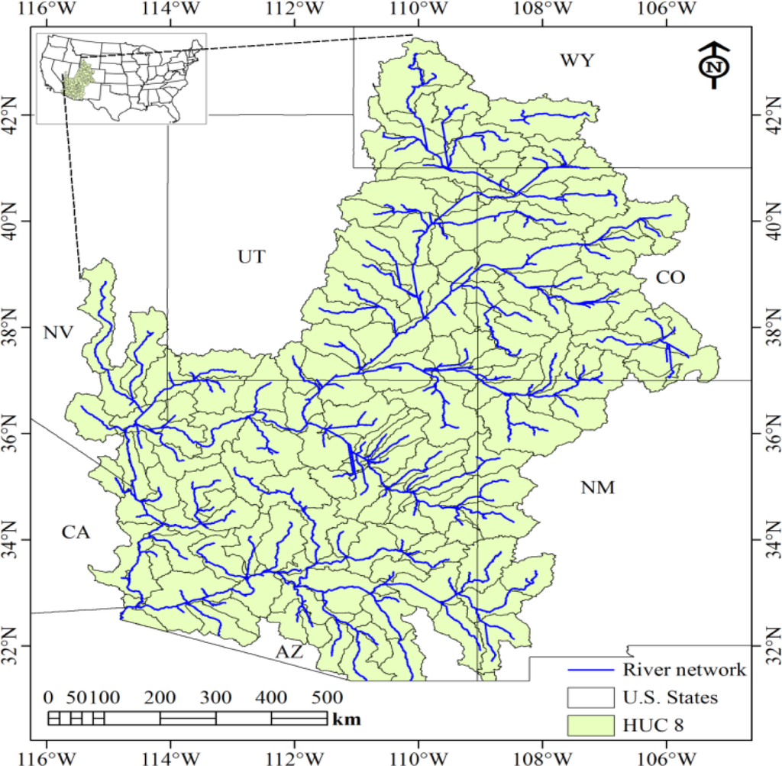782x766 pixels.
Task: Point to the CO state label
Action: pos(670,279)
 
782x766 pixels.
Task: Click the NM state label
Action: pos(597,487)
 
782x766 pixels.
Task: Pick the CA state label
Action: pos(76,533)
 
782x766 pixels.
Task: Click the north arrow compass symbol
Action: pos(714,66)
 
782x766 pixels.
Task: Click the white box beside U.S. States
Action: pos(590,697)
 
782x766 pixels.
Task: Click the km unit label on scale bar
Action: pos(347,719)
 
